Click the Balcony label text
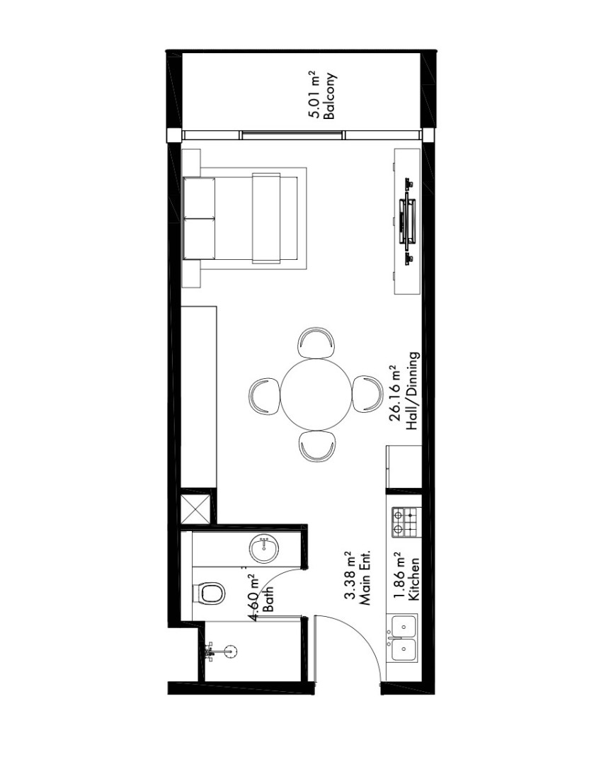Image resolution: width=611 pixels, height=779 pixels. [330, 96]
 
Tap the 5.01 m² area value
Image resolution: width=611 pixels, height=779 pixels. [316, 94]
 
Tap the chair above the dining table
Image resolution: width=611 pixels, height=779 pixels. [316, 342]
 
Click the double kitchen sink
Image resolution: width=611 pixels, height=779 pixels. [404, 638]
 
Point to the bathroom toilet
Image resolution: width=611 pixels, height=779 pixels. [209, 593]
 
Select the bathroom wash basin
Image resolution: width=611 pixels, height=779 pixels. [264, 548]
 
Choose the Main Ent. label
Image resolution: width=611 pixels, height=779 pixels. [365, 576]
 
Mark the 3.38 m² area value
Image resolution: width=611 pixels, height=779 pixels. [351, 576]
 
